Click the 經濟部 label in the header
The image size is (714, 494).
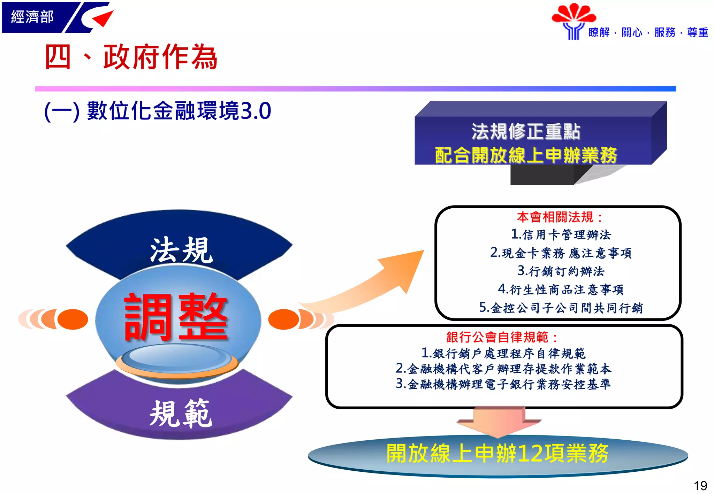coord(32,17)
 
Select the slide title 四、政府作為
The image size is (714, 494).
coord(131,57)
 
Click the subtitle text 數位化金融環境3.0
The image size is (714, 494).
coord(178,111)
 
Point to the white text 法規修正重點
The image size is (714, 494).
coord(526,132)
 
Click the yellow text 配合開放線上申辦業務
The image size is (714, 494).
coord(526,155)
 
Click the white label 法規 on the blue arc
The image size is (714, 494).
coord(181,250)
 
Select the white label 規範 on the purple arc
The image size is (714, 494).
coord(181,414)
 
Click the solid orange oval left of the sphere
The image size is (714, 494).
coord(73,319)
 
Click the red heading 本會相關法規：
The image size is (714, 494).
coord(560,217)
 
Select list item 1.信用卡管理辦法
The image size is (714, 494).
coord(561,234)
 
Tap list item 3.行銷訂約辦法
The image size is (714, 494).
coord(561,271)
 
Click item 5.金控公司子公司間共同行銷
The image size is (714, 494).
coord(561,308)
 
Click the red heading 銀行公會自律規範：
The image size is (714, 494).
coord(502,337)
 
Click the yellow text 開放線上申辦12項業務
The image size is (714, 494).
coord(497,454)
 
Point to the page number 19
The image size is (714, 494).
coord(700,485)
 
